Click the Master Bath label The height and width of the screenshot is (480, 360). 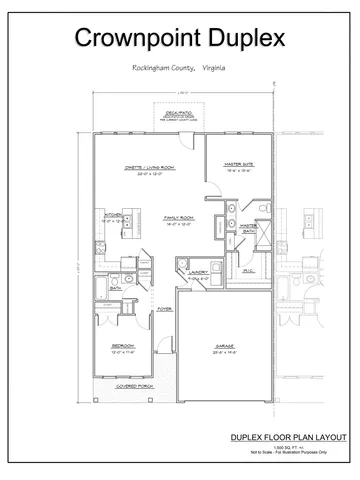[x=250, y=229]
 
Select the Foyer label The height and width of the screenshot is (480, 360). [x=163, y=309]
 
